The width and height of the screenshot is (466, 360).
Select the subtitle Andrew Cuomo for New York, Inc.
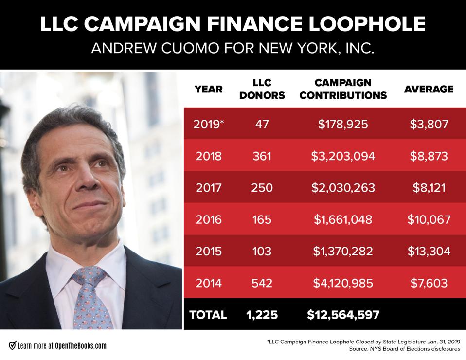click(x=233, y=50)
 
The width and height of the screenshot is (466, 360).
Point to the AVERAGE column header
click(x=429, y=89)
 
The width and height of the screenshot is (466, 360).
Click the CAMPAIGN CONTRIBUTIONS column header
click(x=343, y=89)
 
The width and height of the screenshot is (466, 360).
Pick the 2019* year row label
click(x=209, y=124)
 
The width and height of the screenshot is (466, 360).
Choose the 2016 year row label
click(x=208, y=219)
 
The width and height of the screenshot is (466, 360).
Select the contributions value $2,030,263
click(x=343, y=187)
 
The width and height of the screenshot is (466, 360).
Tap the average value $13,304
click(x=429, y=251)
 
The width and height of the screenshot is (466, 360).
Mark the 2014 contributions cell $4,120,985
click(x=343, y=283)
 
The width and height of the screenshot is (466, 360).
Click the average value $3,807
click(x=429, y=124)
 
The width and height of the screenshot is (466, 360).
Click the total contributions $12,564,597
click(x=343, y=315)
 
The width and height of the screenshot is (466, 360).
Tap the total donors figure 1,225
click(x=262, y=315)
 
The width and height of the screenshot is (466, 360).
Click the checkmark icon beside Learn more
click(x=12, y=346)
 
